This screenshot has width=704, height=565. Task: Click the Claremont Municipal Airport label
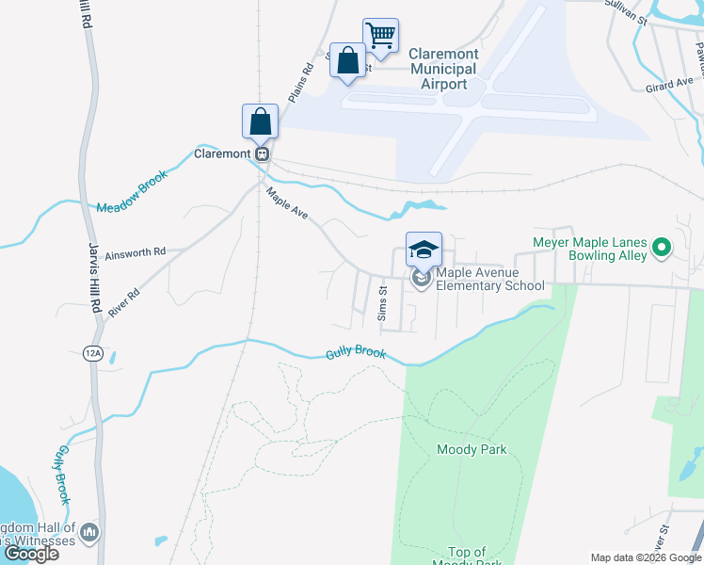coord(443,70)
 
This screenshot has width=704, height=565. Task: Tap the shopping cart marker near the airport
coord(380,36)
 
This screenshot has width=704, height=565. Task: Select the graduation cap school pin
coord(424,250)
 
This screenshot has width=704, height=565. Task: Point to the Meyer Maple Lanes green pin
coord(661,249)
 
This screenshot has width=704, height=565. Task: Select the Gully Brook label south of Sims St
coord(356,354)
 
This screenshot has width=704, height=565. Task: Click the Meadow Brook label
coord(132,191)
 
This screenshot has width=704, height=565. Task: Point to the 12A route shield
coord(92,353)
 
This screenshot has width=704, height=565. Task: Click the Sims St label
coord(382,304)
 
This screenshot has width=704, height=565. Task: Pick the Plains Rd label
coord(300,83)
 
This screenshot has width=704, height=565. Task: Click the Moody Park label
coord(472,449)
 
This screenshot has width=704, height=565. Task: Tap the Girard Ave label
coord(669,86)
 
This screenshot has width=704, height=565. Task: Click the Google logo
coord(32,554)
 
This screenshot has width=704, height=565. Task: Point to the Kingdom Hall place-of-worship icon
coord(89,532)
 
